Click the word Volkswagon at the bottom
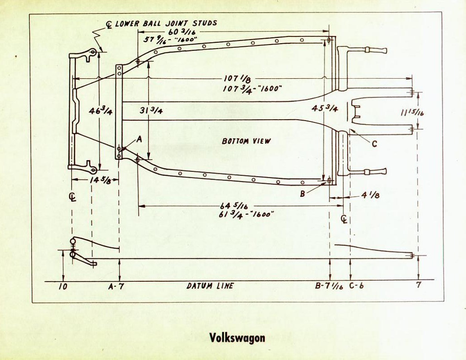coord(237,337)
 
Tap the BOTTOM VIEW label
coord(246,141)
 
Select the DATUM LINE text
coord(210,286)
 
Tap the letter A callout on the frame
coord(139,139)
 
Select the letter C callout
coord(374,144)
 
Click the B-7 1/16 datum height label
coord(329,286)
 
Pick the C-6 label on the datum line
coord(356,286)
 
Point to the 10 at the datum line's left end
coord(63,286)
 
